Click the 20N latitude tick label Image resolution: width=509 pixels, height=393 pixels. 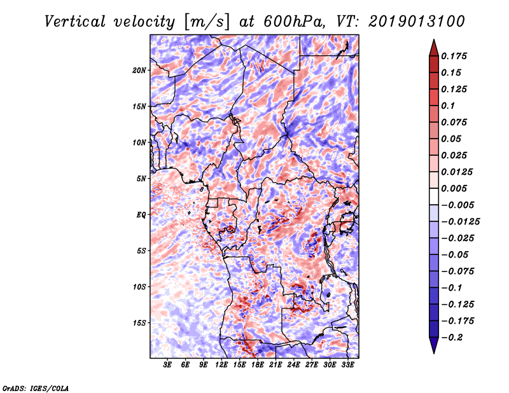(139, 70)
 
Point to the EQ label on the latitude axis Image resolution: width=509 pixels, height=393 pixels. (141, 215)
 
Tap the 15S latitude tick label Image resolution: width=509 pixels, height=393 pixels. (139, 323)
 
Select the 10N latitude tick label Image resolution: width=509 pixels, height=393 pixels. (139, 142)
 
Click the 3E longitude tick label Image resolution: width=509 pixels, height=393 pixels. (167, 365)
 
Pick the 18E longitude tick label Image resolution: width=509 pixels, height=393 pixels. (258, 365)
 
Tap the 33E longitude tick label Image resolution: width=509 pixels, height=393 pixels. (347, 365)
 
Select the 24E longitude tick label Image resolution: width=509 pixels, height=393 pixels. (293, 365)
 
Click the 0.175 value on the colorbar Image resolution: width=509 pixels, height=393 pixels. (454, 56)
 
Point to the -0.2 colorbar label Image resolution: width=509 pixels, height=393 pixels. (452, 338)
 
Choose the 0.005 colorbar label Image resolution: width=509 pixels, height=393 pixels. (454, 188)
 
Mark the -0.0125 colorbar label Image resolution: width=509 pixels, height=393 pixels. (460, 222)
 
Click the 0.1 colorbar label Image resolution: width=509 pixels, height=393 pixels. (448, 106)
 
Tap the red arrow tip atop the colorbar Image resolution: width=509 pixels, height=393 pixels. (434, 40)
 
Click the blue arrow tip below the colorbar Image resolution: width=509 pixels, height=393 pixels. (434, 353)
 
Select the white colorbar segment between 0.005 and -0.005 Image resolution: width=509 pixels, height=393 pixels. (434, 197)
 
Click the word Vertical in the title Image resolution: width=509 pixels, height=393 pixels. (75, 22)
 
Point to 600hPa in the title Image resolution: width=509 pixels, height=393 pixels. (293, 22)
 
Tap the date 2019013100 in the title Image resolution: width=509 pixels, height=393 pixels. (417, 22)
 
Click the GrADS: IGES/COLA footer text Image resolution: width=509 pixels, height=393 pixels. (36, 388)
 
